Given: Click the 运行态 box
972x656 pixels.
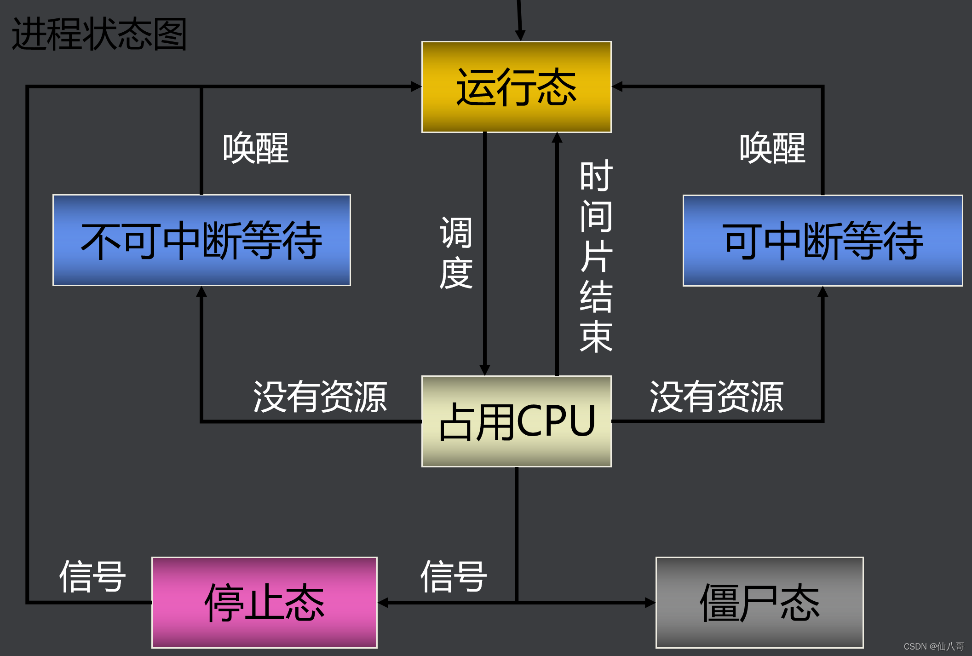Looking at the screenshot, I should click(x=516, y=87).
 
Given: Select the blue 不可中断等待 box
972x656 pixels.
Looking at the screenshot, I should click(x=201, y=240).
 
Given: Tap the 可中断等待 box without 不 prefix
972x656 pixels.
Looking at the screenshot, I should click(x=822, y=241).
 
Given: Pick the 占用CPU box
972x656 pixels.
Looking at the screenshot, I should click(x=516, y=421).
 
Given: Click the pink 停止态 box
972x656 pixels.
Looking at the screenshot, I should click(x=264, y=602).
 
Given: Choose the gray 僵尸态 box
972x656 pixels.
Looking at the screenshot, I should click(x=759, y=602).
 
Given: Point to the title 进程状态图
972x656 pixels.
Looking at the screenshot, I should click(x=99, y=34).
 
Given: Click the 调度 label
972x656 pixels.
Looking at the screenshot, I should click(x=456, y=253).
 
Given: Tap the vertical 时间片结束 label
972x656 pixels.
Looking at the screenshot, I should click(x=596, y=256).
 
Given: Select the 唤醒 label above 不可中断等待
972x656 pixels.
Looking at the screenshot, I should click(x=256, y=148).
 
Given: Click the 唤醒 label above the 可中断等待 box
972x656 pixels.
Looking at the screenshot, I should click(x=772, y=148).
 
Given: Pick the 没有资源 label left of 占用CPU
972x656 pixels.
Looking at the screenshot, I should click(x=320, y=397).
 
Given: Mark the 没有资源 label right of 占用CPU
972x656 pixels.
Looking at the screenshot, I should click(x=716, y=397).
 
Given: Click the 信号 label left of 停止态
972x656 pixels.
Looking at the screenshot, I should click(x=92, y=576).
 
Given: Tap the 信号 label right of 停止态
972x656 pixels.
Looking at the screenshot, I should click(x=454, y=576).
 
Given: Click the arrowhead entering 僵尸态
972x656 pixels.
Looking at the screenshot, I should click(x=650, y=603).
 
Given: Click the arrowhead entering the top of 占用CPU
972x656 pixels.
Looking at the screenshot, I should click(x=485, y=370).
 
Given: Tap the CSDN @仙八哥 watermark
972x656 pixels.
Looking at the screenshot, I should click(x=934, y=646).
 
